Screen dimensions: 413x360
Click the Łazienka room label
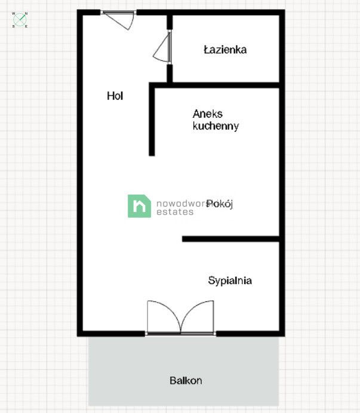225,50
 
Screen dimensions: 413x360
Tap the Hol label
115,95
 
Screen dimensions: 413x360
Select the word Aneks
207,113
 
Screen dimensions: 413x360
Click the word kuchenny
216,126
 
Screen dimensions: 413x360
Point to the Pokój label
220,204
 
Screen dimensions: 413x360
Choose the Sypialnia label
230,280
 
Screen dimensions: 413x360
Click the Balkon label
186,380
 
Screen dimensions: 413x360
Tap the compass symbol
20,20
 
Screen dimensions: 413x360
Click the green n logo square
139,206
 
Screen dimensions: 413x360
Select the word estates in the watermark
175,212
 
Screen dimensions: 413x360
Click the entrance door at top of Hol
118,19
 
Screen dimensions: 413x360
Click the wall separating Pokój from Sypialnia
230,239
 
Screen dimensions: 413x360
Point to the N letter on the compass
27,13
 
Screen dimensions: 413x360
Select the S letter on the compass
13,26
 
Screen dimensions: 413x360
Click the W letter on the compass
13,13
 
